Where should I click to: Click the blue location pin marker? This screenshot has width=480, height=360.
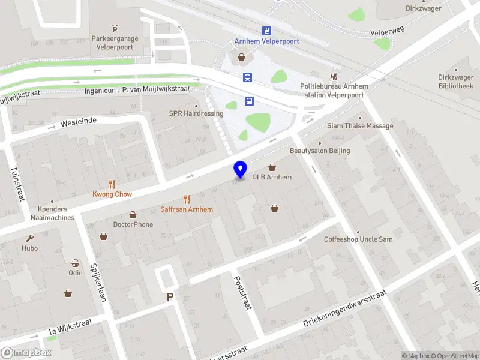241,170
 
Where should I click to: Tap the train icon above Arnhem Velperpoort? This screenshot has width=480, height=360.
266,31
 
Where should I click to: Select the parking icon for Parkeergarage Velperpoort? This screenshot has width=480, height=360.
115,29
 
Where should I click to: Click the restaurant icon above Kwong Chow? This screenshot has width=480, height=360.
112,184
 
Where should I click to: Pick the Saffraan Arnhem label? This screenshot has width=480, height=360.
187,209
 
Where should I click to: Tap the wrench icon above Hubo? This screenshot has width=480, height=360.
29,238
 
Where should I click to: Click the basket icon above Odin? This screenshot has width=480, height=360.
76,263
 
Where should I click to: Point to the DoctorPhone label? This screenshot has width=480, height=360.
133,224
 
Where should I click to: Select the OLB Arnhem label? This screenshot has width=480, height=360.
272,177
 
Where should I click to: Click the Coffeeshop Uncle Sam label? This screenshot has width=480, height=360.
358,239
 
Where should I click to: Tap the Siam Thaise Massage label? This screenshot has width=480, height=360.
360,126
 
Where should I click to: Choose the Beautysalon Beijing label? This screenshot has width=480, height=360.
320,151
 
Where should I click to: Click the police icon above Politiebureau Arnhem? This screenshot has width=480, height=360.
334,77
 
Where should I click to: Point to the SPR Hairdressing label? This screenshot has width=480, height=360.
196,113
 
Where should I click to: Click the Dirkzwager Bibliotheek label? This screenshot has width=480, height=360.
447,82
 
